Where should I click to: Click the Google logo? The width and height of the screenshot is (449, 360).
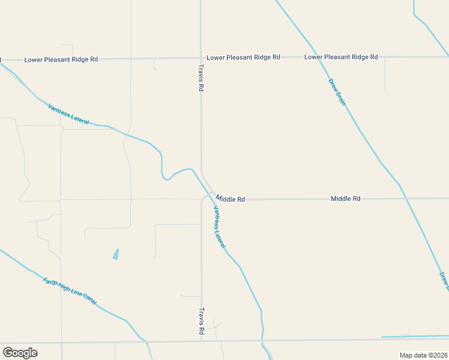20,353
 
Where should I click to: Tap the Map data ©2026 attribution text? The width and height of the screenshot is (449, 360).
423,355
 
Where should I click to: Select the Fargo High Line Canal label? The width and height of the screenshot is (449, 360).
70,290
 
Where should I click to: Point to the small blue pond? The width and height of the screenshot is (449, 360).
115,254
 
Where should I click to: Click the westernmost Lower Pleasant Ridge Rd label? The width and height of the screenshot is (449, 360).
61,59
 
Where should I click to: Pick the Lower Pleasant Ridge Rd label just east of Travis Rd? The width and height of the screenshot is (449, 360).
243,57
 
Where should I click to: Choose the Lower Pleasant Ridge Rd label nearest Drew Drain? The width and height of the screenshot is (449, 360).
341,57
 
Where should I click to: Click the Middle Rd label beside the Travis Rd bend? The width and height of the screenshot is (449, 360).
231,199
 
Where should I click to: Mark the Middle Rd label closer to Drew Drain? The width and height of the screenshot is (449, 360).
345,198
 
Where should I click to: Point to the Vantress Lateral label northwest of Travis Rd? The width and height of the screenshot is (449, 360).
68,114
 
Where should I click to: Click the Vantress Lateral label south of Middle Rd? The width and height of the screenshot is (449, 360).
220,227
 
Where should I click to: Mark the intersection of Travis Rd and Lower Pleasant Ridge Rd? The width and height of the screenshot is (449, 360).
201,58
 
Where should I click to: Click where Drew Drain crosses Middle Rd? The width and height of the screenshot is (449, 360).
403,197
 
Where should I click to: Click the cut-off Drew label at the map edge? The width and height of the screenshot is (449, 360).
444,280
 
